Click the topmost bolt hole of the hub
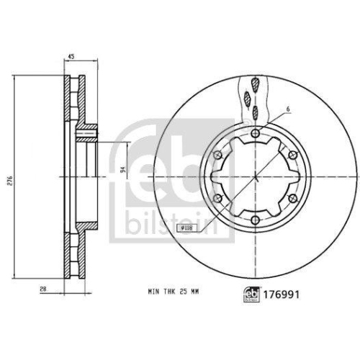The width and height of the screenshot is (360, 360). tap(257, 132)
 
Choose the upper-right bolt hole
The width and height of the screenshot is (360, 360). tap(295, 155)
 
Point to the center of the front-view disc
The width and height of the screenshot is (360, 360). tap(257, 177)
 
